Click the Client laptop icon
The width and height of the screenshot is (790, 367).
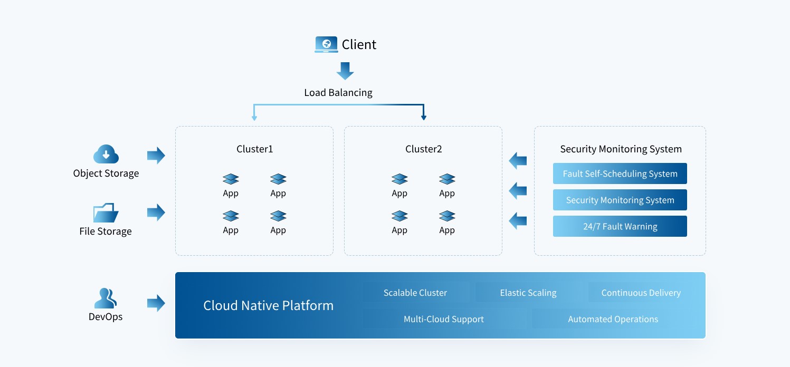coord(326,44)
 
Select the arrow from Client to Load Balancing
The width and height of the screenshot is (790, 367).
coord(345,71)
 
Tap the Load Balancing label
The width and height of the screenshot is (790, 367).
coord(338,92)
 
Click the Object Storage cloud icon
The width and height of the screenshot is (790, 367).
coord(106,154)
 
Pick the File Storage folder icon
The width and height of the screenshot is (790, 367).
coord(106,213)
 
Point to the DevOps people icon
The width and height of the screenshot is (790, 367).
coord(106,298)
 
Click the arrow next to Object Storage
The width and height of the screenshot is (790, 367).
coord(156,155)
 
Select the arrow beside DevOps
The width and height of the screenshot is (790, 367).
coord(156,303)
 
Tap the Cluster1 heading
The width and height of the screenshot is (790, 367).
coord(255,149)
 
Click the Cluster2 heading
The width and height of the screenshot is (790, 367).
coord(424,149)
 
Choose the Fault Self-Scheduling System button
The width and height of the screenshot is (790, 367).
coord(620,173)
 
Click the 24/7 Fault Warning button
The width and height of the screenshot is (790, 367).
coord(620,226)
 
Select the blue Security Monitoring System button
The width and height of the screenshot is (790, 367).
coord(620,200)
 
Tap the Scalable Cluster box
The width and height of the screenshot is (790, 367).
coord(415,293)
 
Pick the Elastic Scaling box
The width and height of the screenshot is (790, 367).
coord(528,293)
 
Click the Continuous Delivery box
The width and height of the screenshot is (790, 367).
coord(641,293)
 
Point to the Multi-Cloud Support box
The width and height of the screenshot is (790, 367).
coord(444,319)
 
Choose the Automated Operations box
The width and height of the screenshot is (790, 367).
coord(613,319)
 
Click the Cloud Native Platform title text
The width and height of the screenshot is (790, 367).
coord(269,305)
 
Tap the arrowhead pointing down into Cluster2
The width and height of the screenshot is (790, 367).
coord(424,118)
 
